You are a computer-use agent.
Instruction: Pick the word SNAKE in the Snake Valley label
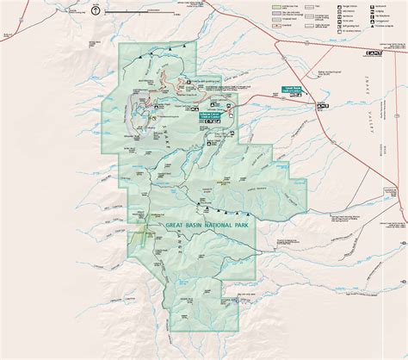tap(376, 86)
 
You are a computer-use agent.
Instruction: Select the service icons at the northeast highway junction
tap(371, 53)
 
